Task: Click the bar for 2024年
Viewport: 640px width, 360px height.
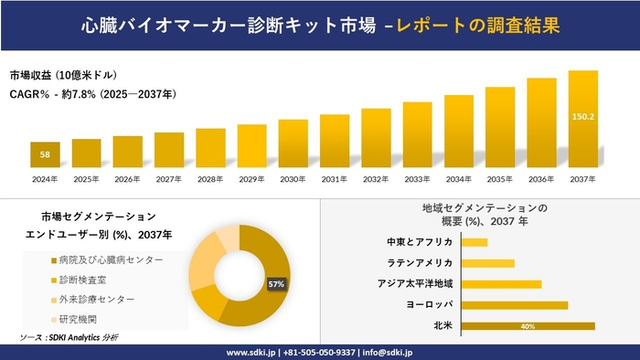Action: pos(45,155)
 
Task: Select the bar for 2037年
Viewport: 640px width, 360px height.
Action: pos(582,119)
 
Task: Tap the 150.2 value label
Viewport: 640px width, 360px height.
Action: pos(582,116)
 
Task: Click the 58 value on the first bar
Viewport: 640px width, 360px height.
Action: pos(45,154)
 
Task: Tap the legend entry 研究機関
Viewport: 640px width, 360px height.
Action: pos(77,319)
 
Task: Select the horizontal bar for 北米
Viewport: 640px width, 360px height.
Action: pos(528,325)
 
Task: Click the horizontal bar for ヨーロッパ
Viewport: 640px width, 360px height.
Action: pos(515,304)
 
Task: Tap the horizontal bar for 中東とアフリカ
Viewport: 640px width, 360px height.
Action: pos(475,242)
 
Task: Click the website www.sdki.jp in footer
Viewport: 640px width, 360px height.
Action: pos(251,352)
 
